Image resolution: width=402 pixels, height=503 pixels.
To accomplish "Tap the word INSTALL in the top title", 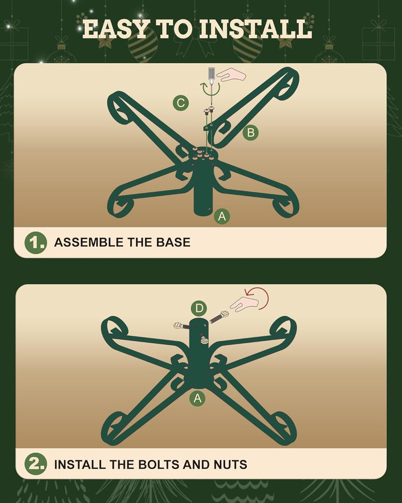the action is [256, 29].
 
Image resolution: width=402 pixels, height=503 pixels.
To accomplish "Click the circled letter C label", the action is [180, 103].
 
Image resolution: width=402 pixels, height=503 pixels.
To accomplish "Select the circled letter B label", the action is [251, 132].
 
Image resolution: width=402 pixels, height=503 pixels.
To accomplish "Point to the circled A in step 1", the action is [222, 216].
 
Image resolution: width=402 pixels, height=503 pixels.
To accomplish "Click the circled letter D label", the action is [199, 309].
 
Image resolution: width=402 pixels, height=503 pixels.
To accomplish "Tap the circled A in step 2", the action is [198, 398].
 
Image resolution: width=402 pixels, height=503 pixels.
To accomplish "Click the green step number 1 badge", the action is [36, 243].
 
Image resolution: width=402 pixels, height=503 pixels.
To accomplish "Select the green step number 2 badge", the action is [36, 464].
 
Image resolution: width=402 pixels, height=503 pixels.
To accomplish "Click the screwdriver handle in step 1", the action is [211, 74].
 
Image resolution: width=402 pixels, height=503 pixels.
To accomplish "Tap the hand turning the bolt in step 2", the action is [244, 304].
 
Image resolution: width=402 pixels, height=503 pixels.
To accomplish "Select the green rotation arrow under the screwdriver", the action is [210, 90].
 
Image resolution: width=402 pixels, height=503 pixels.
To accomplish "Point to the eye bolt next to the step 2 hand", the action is [219, 317].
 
